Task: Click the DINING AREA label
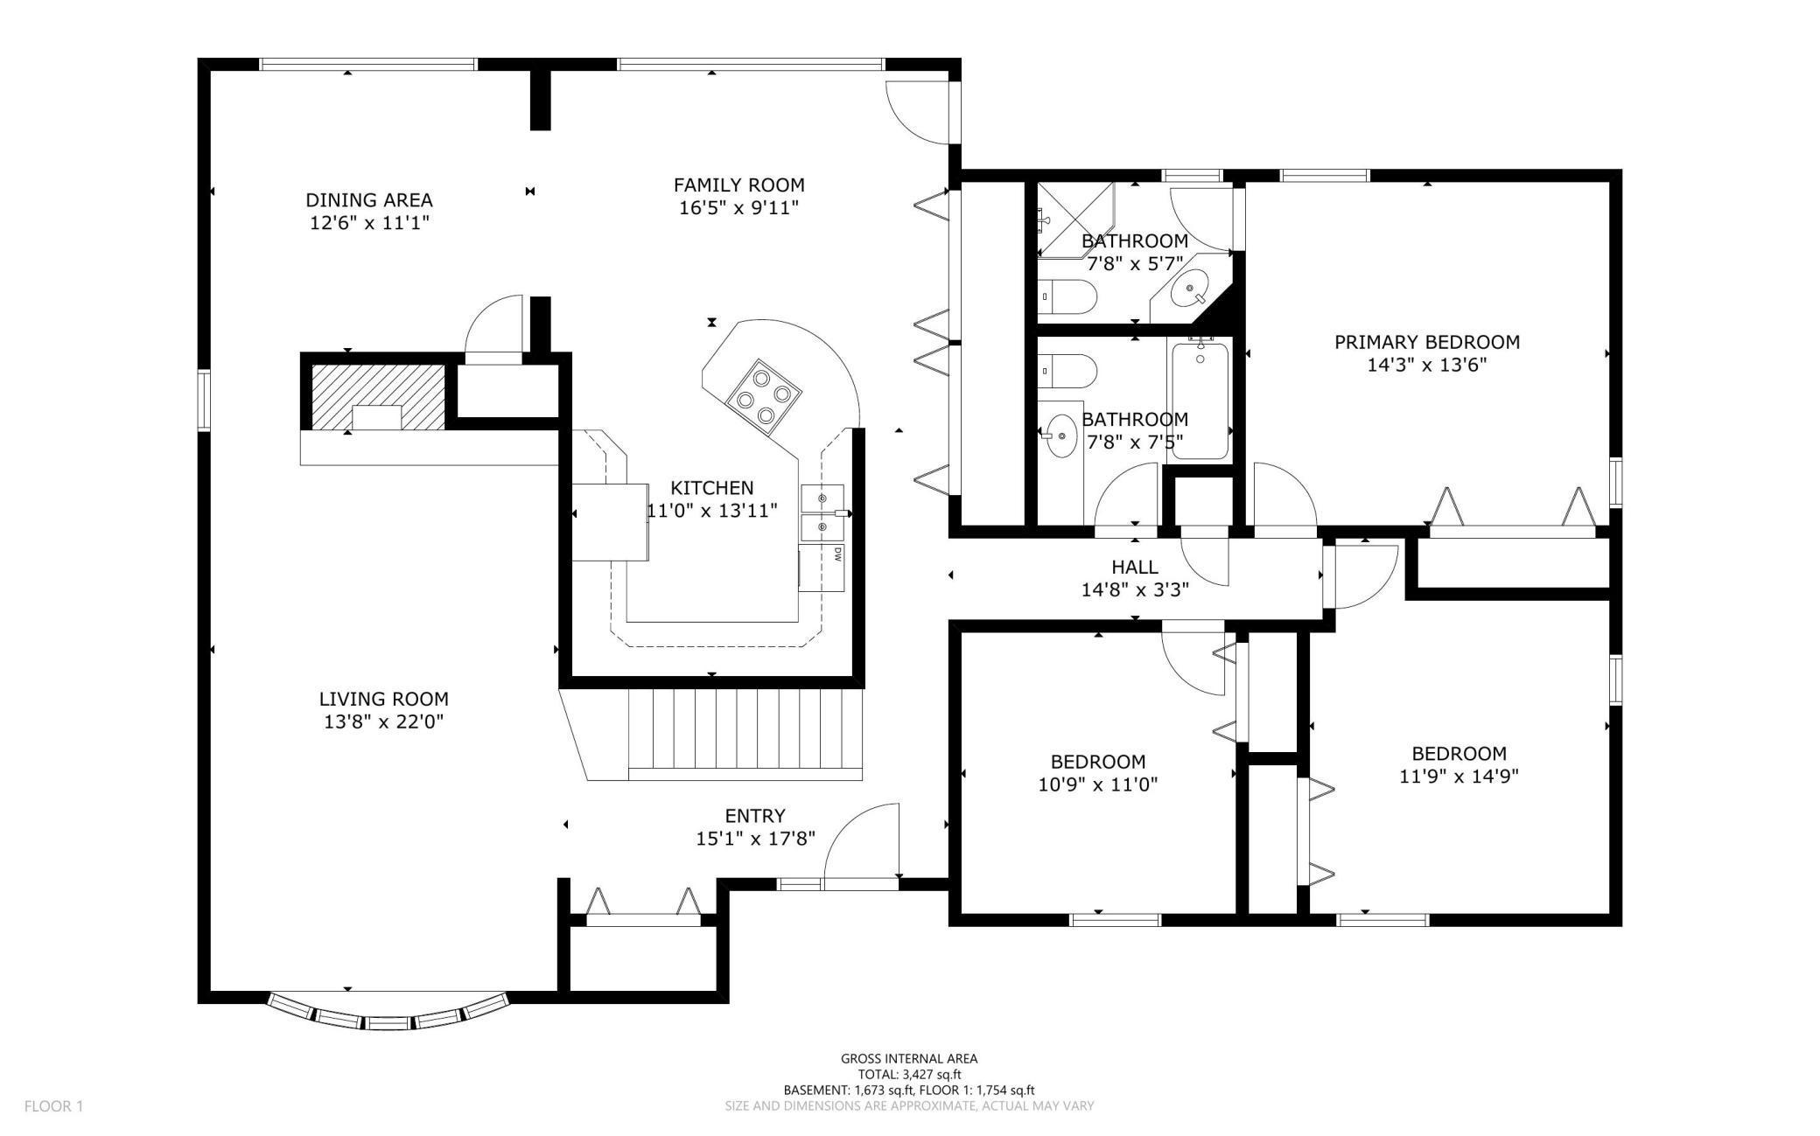click(x=368, y=200)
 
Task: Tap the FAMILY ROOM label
click(x=738, y=185)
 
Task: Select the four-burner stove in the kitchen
click(x=763, y=396)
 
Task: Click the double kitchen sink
click(x=822, y=512)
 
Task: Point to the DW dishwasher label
click(x=837, y=554)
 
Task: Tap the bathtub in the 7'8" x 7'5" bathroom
click(x=1200, y=401)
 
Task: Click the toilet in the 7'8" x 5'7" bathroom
click(x=1067, y=296)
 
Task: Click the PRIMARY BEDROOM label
click(x=1426, y=342)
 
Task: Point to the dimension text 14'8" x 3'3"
click(x=1135, y=590)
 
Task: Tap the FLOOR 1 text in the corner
click(x=53, y=1106)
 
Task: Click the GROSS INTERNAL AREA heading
click(x=909, y=1059)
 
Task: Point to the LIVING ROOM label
click(x=383, y=699)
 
